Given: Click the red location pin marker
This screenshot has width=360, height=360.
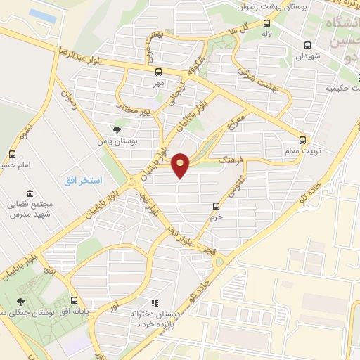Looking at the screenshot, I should point(181,165).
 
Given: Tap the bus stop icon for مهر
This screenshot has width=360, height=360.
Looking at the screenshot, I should point(159,72).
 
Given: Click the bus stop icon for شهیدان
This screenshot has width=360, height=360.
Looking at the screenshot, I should point(307,46).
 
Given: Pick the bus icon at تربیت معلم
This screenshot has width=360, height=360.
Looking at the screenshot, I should point(302,140).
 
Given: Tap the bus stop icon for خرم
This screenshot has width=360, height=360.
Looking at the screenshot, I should point(217,206).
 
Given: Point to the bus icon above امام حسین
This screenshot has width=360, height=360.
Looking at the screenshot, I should point(12,154).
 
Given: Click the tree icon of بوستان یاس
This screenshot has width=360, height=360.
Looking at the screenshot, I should point(117,129).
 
